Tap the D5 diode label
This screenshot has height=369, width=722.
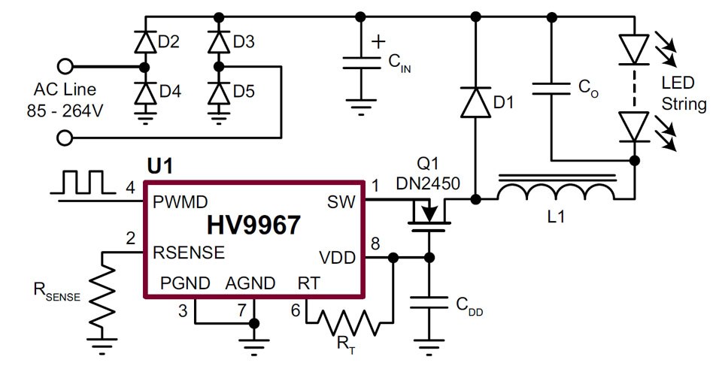(x=244, y=92)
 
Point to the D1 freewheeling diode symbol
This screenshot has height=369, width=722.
(x=475, y=102)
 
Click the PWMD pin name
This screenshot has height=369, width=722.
(x=180, y=202)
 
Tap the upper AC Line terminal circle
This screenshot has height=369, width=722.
(x=65, y=67)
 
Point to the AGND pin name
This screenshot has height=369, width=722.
(x=250, y=283)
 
